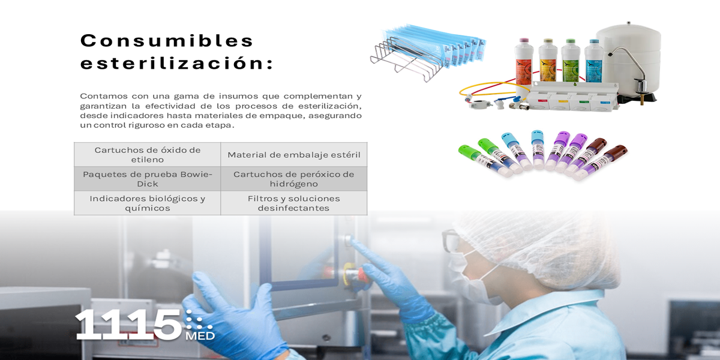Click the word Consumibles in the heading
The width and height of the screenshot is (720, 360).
167,41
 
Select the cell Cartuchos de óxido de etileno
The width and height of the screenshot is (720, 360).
148,155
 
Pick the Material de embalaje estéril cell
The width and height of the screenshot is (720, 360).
294,155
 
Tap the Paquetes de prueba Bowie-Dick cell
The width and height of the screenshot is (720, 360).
148,179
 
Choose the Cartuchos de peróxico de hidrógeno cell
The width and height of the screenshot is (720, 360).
294,179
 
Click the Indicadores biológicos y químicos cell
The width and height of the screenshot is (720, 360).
148,203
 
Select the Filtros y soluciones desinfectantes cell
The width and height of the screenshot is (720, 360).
294,203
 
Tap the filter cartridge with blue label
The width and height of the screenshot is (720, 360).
593,61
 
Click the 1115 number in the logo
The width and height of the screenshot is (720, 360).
128,325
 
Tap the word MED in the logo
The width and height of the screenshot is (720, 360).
200,336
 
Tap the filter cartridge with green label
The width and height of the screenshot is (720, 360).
571,61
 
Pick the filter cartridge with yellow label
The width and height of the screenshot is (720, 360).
548,61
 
